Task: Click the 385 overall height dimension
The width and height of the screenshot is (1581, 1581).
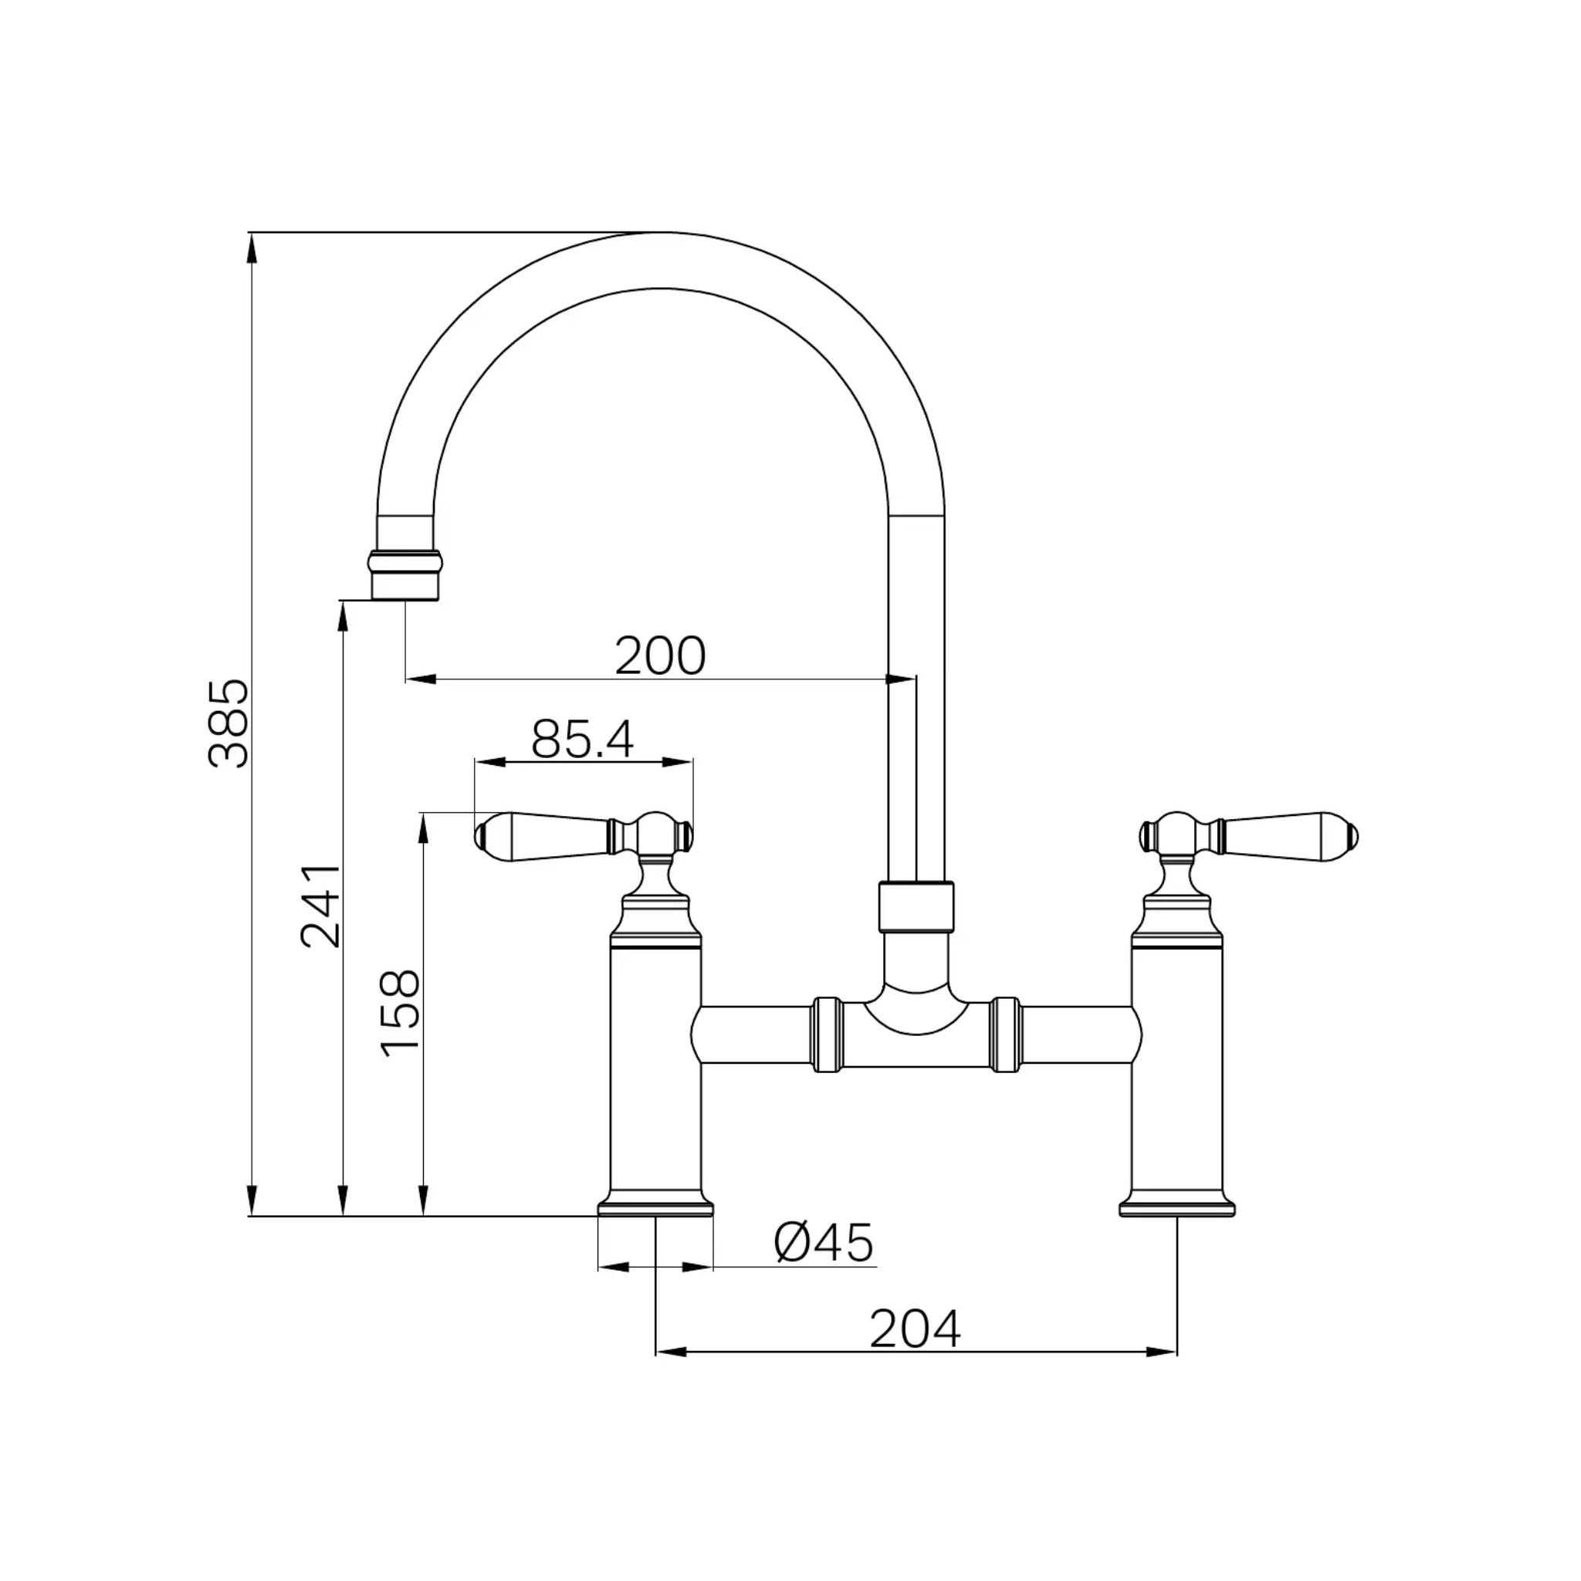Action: pyautogui.click(x=229, y=723)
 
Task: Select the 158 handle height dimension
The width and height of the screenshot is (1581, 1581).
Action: pyautogui.click(x=400, y=1014)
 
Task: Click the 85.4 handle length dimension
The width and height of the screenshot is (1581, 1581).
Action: pyautogui.click(x=582, y=739)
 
